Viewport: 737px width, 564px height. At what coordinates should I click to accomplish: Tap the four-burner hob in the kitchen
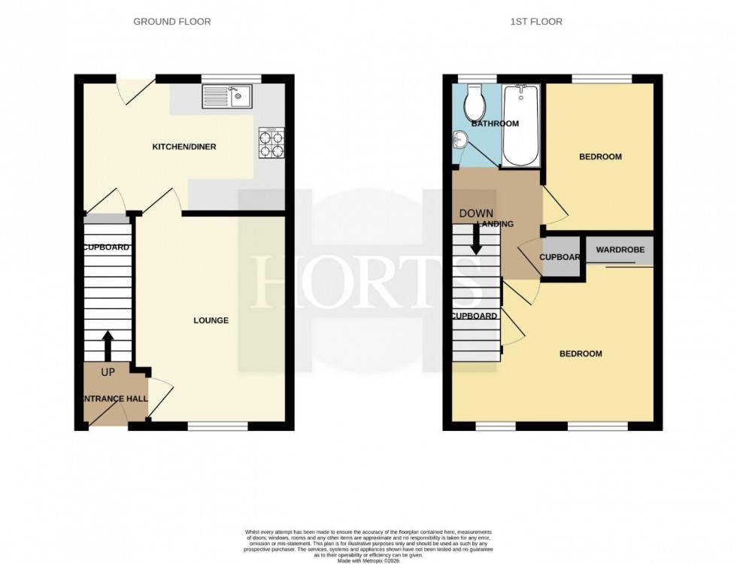[271, 142]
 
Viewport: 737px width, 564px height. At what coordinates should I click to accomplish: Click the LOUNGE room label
[211, 320]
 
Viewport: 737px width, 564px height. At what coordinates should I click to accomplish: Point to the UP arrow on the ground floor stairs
[107, 345]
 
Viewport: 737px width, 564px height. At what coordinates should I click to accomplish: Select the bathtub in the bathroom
[520, 126]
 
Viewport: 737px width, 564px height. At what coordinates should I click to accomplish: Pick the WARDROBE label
[620, 249]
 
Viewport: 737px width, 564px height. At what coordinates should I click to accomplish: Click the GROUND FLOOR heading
[172, 22]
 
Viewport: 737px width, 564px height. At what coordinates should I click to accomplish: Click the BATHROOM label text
[495, 123]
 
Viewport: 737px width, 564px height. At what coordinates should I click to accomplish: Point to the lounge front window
[217, 426]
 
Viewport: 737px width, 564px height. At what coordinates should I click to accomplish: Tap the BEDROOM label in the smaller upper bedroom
[600, 156]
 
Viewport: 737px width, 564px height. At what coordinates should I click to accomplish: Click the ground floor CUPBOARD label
[107, 247]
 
